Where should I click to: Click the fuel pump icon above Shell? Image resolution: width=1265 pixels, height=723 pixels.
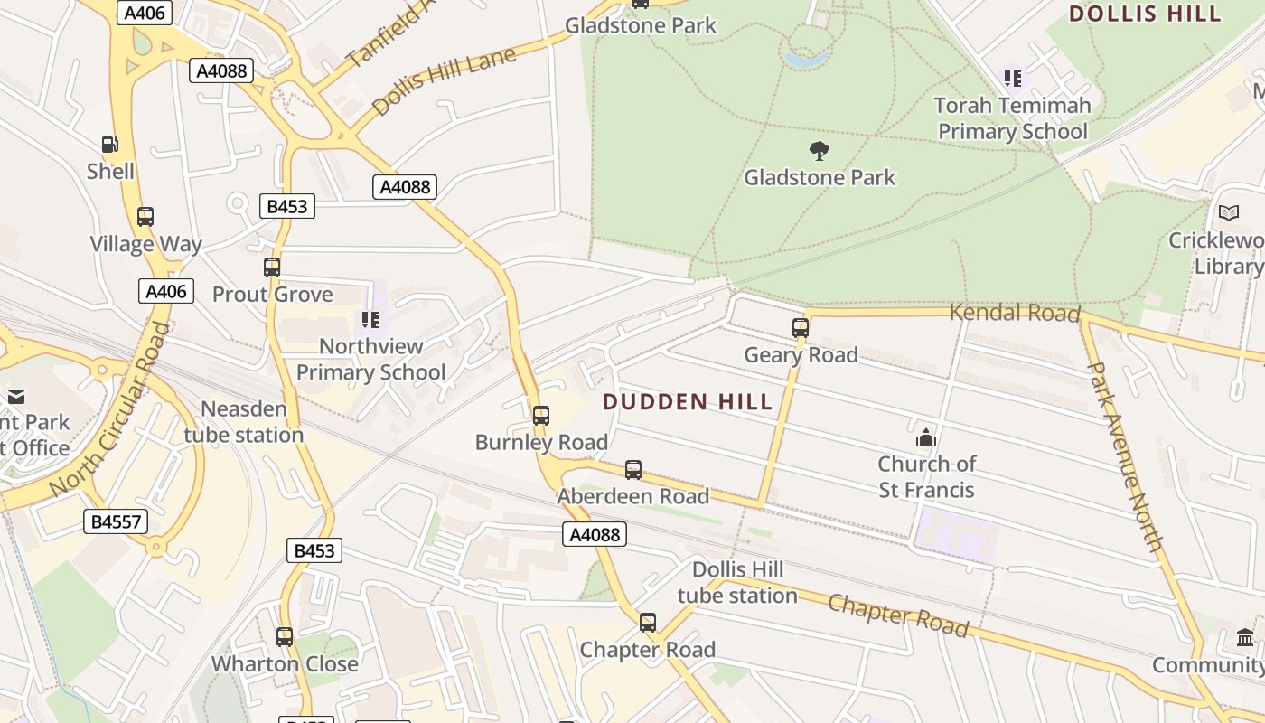(109, 145)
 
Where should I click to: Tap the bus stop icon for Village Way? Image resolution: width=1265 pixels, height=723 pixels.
(145, 217)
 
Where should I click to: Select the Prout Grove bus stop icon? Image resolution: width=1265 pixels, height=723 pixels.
(272, 268)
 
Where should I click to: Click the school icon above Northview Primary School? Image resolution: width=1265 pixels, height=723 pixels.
(370, 319)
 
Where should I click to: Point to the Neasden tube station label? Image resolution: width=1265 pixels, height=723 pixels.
(243, 422)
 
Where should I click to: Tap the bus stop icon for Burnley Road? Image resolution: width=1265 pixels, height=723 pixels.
(540, 416)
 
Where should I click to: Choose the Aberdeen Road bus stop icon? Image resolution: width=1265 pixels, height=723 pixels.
(633, 470)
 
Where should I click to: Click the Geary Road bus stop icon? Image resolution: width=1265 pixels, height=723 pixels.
(801, 328)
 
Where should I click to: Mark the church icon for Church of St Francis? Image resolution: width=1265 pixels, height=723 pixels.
(926, 438)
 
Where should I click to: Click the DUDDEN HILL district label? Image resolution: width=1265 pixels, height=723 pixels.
(687, 402)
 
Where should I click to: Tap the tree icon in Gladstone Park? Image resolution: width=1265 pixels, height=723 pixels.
(820, 150)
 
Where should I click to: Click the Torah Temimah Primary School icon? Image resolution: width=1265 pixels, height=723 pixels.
(1012, 79)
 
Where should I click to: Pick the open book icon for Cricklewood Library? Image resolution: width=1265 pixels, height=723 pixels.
(1228, 213)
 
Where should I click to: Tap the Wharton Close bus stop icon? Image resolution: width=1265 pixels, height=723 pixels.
(285, 637)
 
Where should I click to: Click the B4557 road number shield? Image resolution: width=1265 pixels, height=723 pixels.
(116, 521)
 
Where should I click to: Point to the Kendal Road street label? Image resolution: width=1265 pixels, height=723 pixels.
(1015, 313)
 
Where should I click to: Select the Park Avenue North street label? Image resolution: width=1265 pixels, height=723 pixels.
(1126, 456)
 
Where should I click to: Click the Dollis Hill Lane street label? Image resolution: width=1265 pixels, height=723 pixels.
(444, 80)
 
